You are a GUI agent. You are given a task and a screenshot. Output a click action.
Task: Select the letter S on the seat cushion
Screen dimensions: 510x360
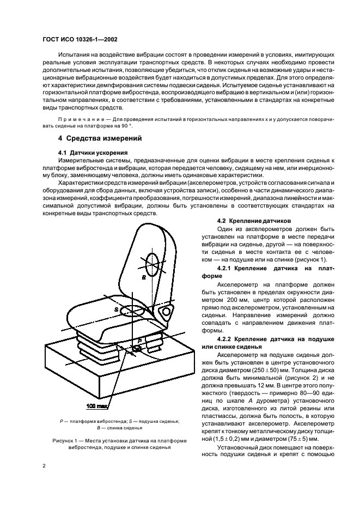tap(117, 309)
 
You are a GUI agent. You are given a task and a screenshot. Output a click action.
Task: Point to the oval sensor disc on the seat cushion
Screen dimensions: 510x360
tap(132, 309)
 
